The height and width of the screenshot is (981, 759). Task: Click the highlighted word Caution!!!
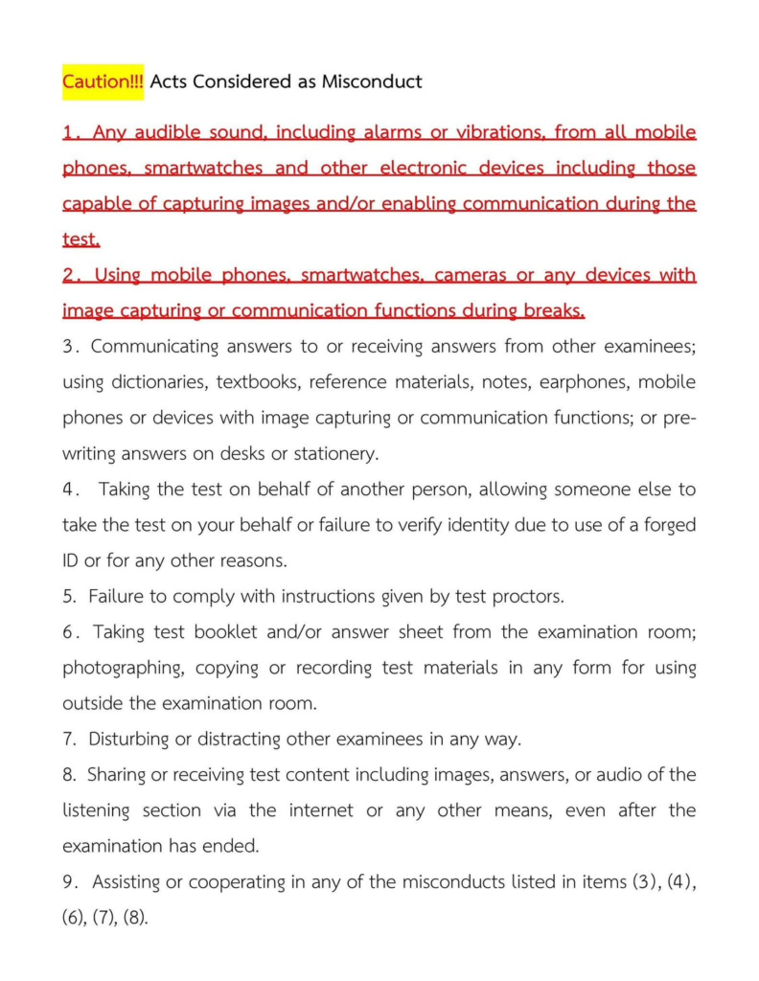(103, 81)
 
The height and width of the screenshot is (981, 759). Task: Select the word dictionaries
(159, 382)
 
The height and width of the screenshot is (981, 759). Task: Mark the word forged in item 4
(668, 525)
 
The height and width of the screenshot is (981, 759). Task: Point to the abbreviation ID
(72, 560)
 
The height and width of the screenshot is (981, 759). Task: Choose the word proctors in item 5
(528, 597)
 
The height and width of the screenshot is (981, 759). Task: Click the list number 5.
(68, 597)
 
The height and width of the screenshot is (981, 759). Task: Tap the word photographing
(122, 668)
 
